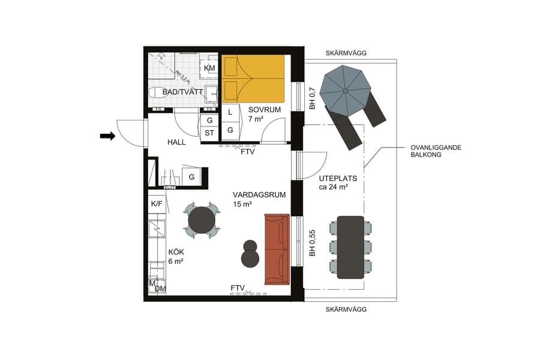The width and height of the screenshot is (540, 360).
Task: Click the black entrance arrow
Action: pos(107,136)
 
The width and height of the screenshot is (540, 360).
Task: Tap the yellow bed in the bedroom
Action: pos(253,79)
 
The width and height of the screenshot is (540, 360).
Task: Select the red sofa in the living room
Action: pos(277,248)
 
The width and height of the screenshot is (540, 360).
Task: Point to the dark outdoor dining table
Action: pos(350,247)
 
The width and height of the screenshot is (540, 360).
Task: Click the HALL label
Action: pos(176,142)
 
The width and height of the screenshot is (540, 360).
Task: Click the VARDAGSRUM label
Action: pos(259,195)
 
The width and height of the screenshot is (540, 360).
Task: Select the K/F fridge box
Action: pos(157,204)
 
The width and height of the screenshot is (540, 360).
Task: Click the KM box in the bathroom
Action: pos(209,68)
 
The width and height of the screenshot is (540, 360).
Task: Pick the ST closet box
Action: pos(209,133)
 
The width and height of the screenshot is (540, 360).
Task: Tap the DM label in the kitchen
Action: pos(160,289)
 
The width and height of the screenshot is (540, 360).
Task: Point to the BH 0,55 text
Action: pos(312,244)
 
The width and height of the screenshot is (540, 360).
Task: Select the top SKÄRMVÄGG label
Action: pos(346,53)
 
